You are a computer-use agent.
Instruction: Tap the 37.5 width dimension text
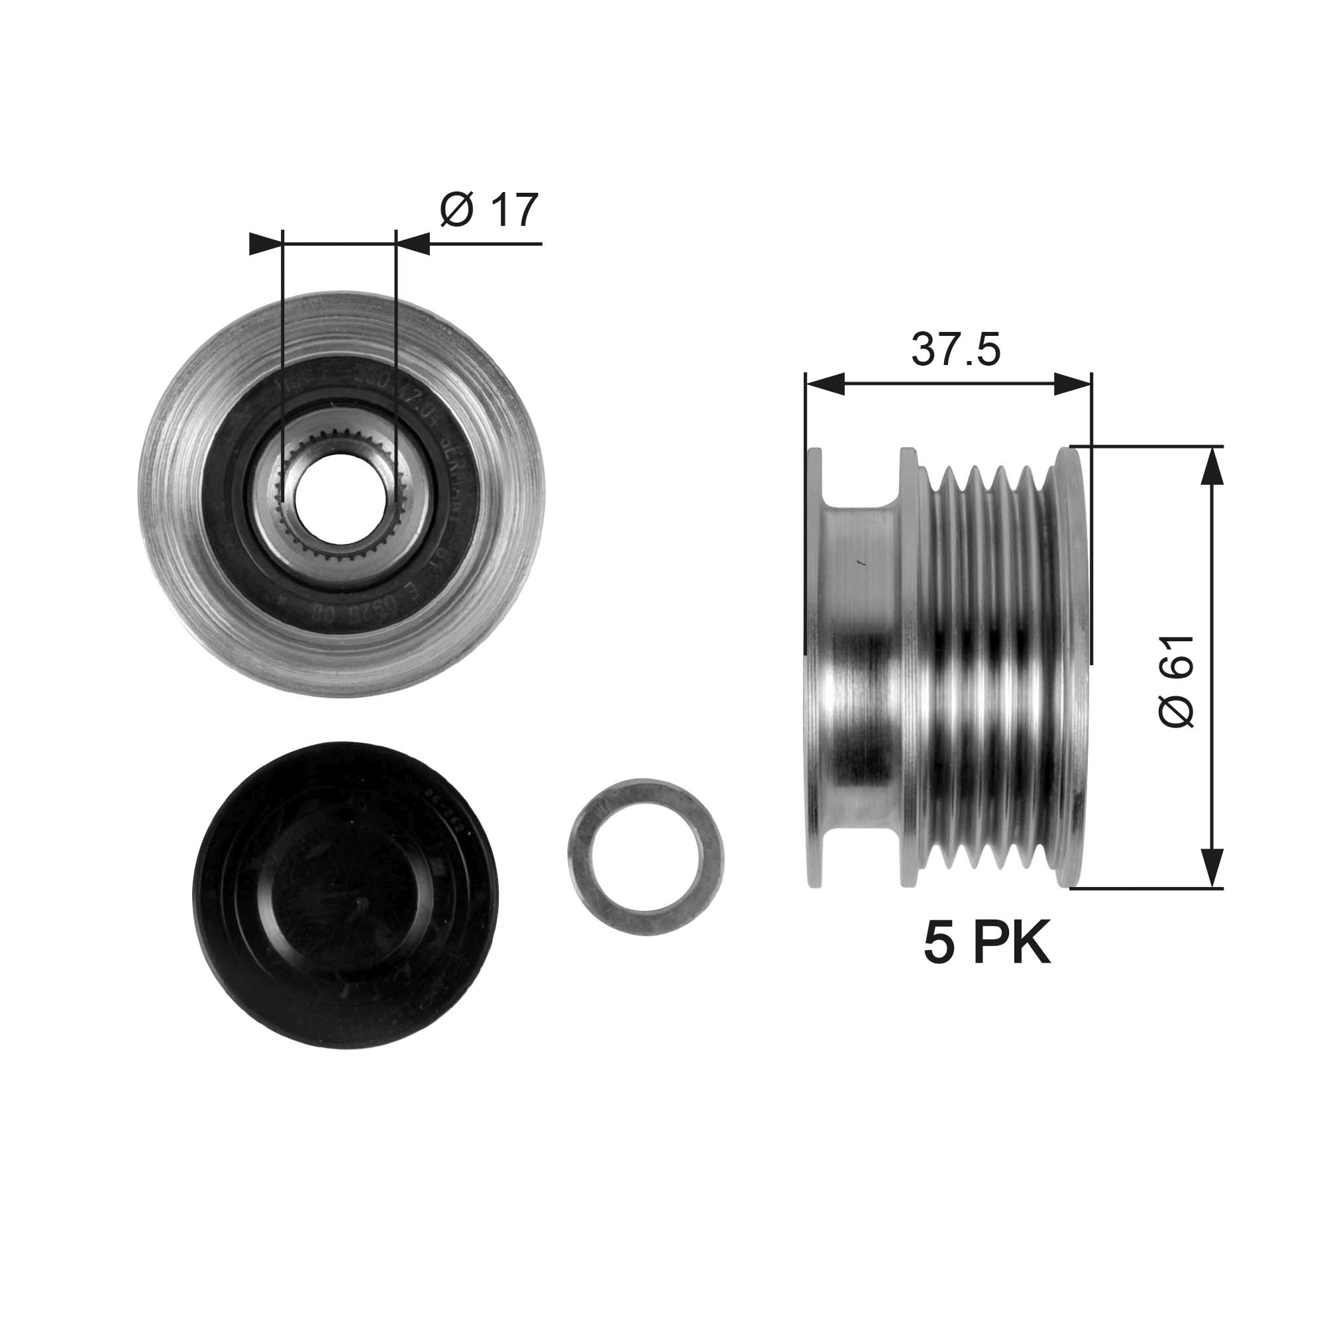[x=955, y=349]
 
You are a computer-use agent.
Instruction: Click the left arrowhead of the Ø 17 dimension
[x=266, y=243]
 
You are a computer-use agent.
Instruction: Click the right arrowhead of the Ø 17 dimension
[x=413, y=243]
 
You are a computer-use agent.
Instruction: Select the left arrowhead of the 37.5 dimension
[x=824, y=384]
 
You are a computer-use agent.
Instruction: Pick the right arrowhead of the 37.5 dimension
[x=1072, y=384]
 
